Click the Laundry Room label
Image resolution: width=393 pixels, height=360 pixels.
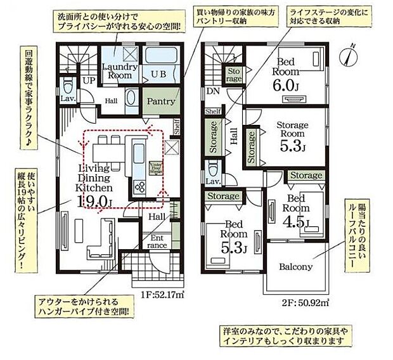tap(116, 71)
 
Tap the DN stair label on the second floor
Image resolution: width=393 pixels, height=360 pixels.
tap(210, 91)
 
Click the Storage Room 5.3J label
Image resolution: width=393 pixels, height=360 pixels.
tap(292, 137)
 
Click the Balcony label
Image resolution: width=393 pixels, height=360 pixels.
tap(296, 267)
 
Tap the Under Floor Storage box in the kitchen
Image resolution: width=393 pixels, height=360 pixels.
tap(155, 167)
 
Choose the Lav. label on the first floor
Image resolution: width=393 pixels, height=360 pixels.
tap(68, 100)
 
